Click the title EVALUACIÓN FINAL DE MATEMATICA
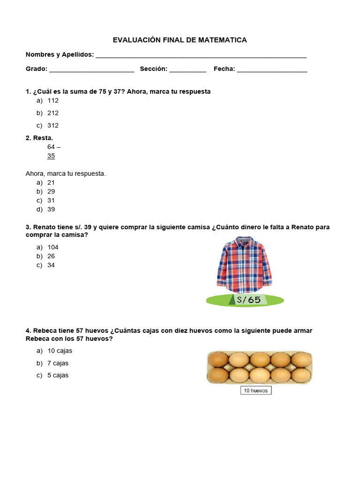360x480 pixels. pos(180,40)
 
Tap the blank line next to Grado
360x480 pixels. pos(91,70)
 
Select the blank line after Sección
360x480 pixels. pos(187,70)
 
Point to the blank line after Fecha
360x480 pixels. pos(272,70)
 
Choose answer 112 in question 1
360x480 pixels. pos(53,101)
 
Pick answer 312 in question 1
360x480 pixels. pos(53,126)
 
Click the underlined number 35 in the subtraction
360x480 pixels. pos(51,156)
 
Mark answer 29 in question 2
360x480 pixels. pos(51,192)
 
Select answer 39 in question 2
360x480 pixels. pos(51,210)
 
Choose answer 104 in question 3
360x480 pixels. pos(53,247)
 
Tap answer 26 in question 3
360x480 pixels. pos(51,256)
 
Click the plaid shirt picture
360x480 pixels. pos(244,265)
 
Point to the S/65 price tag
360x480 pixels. pos(245,300)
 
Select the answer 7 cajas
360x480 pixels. pos(58,363)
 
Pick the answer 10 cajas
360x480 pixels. pos(60,351)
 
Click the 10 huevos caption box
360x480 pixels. pos(256,390)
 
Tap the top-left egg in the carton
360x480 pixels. pos(218,360)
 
